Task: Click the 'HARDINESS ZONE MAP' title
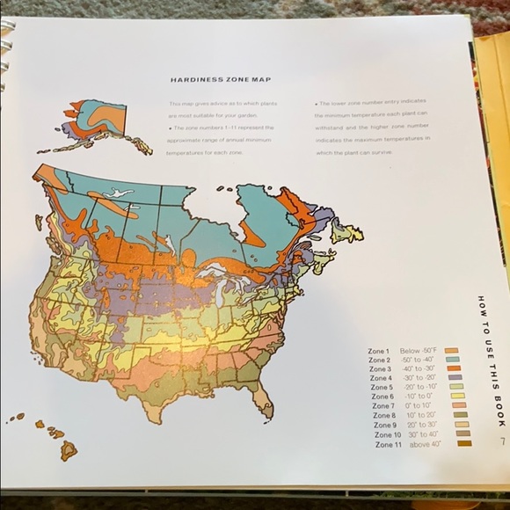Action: (x=209, y=79)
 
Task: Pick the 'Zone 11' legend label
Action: (x=385, y=444)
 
